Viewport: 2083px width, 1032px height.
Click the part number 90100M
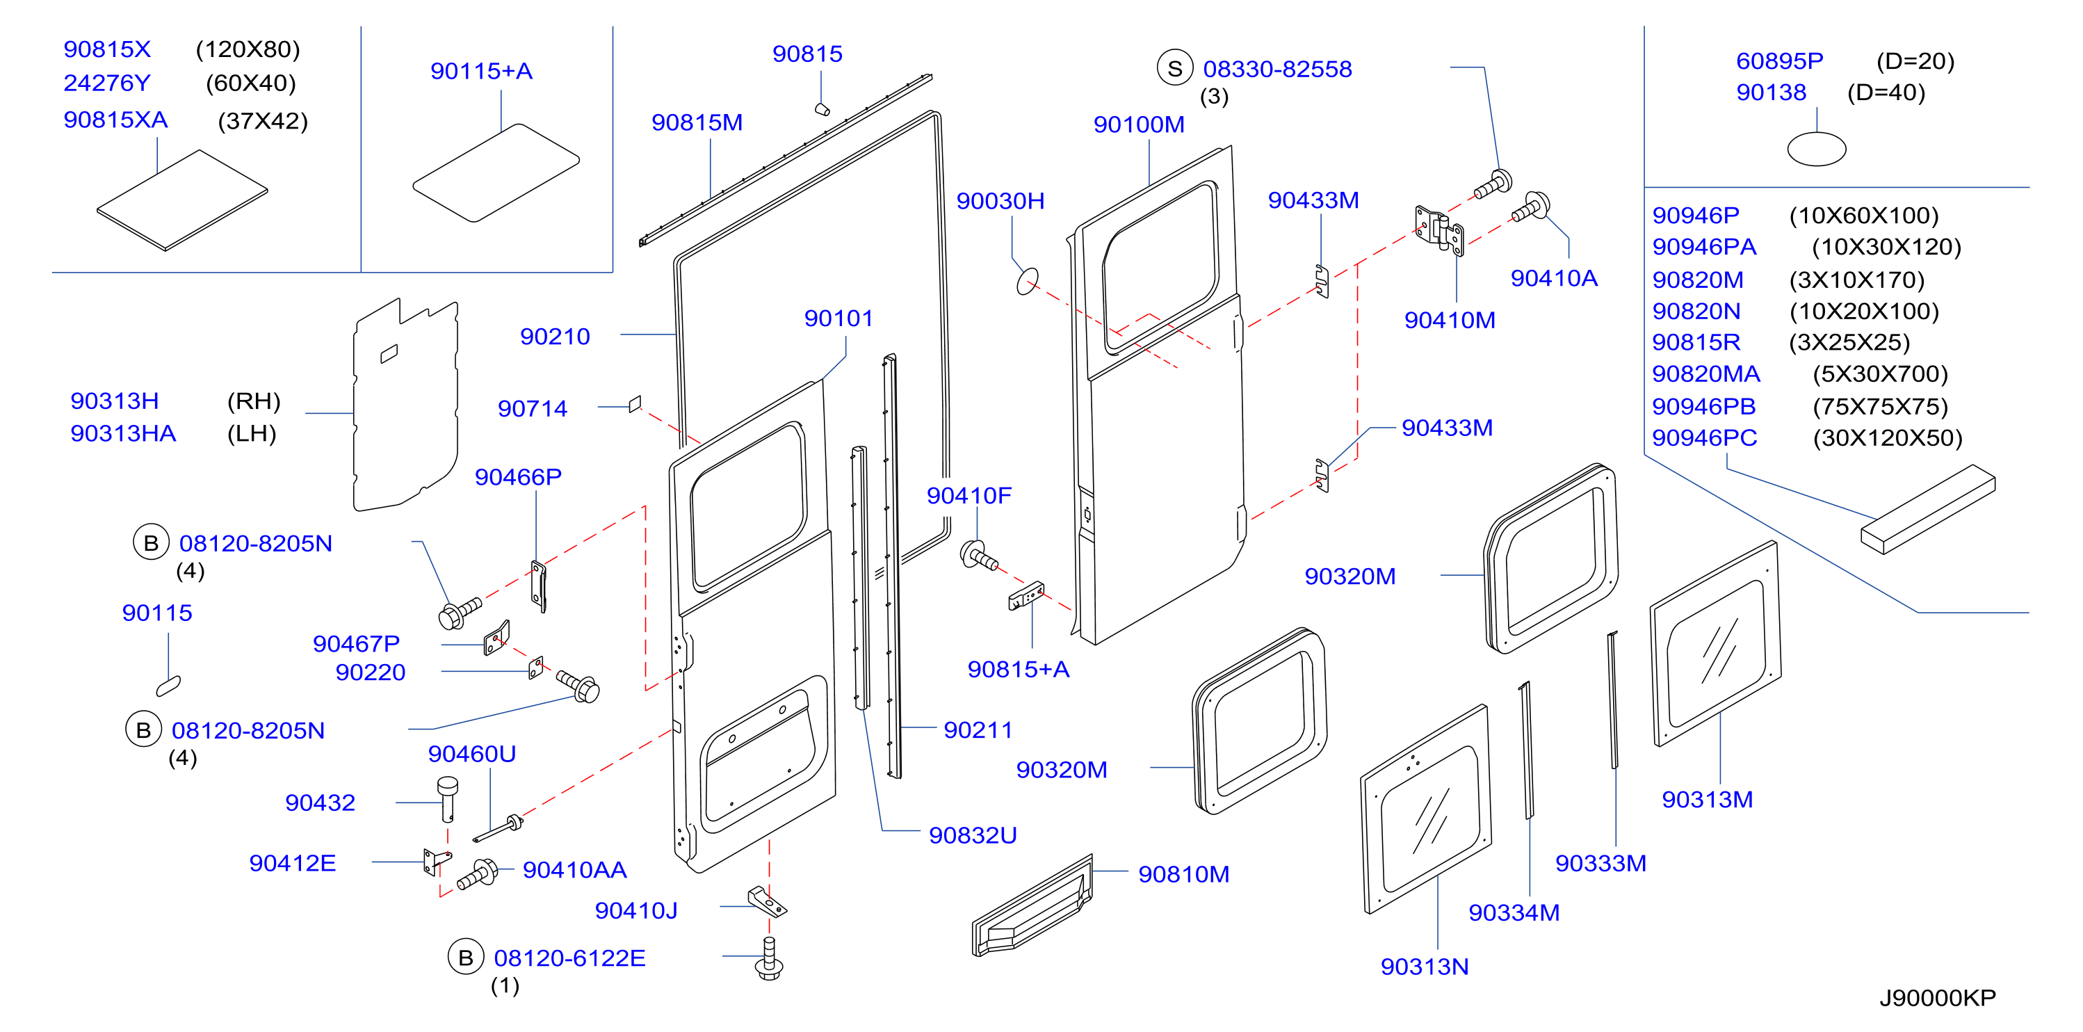click(1139, 124)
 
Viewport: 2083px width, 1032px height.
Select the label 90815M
click(697, 122)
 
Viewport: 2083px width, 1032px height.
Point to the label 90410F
click(968, 495)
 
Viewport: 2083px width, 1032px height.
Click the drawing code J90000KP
click(1938, 997)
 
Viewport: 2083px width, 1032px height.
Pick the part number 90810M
click(1184, 873)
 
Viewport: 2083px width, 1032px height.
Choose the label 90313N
click(1425, 967)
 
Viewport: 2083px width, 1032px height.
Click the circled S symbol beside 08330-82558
click(1175, 69)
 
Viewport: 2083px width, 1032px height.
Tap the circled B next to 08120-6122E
click(466, 958)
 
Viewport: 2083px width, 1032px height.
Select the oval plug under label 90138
click(1816, 149)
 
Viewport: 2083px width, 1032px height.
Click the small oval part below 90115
click(168, 686)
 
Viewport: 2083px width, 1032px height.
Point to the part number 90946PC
click(1705, 437)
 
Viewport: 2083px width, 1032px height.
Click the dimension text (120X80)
click(248, 49)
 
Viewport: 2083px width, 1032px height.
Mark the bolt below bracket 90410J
click(768, 958)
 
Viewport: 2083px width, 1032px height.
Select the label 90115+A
click(481, 71)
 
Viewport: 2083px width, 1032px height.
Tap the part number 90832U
click(973, 835)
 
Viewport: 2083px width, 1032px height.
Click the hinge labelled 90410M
click(1439, 229)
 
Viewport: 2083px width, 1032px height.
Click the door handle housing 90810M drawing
click(1032, 906)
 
